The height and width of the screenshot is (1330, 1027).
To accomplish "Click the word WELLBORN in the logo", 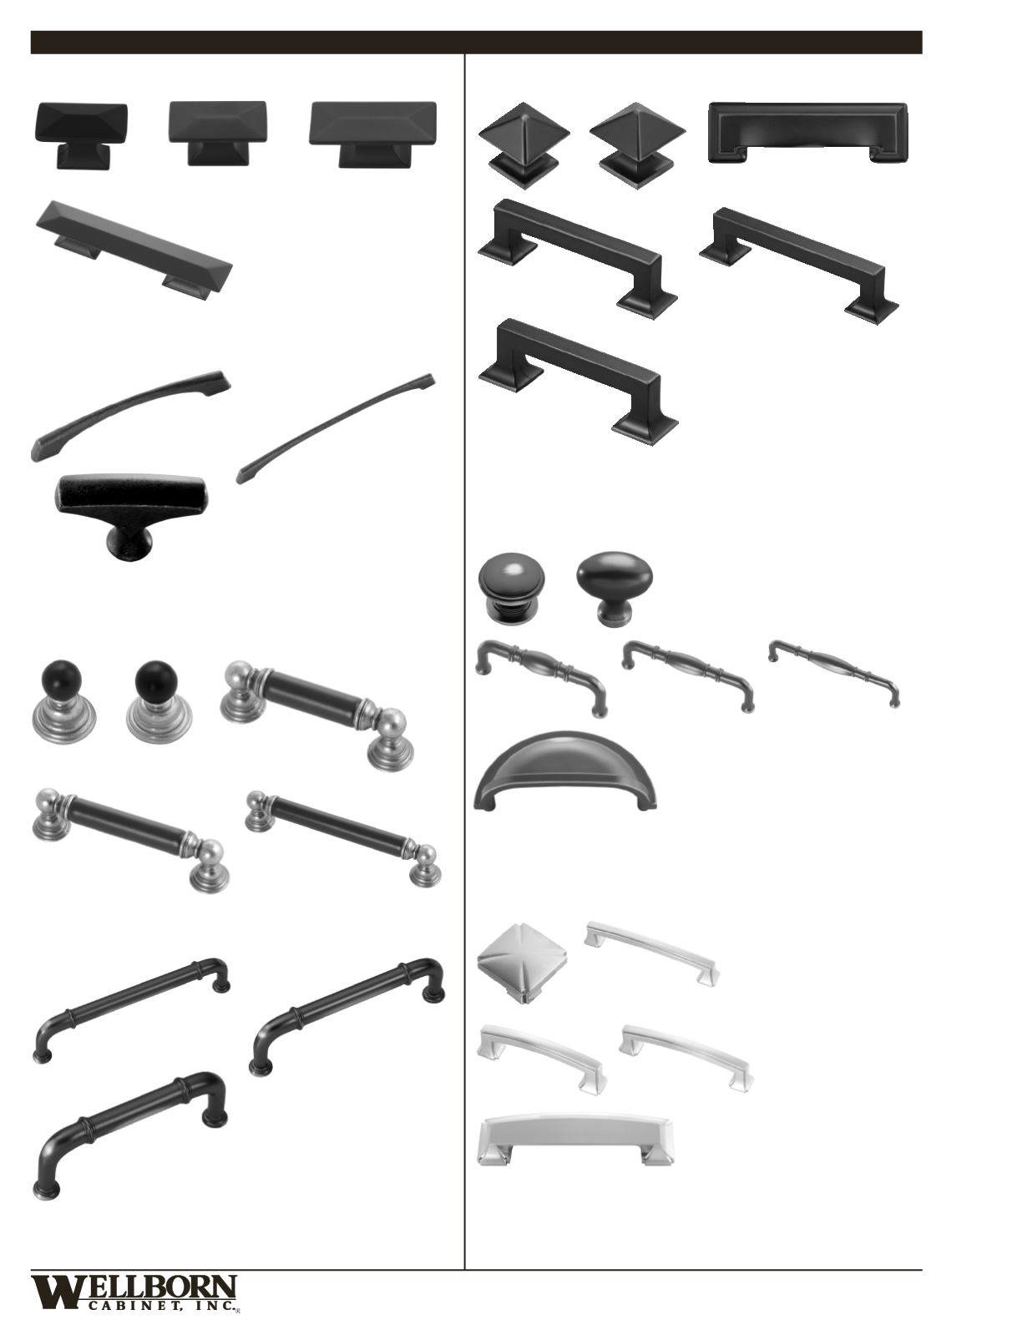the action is coord(134,1292).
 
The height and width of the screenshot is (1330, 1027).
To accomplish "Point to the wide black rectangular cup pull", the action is coord(808,133).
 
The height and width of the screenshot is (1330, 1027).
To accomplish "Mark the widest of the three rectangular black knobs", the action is coord(373,134).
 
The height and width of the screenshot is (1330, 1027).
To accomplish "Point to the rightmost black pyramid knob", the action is coord(637,145).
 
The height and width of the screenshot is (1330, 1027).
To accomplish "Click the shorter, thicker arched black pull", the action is coord(130,414).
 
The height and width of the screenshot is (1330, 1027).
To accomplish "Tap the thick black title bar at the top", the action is coord(476,43).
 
